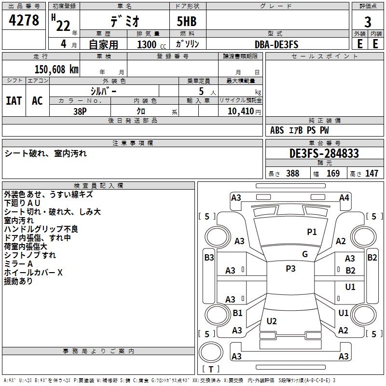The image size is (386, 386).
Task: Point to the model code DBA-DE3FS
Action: [276, 44]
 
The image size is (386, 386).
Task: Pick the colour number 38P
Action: [80, 110]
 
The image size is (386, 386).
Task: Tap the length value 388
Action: [292, 174]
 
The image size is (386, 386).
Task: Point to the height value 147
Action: [372, 174]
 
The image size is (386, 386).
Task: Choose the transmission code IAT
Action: [14, 101]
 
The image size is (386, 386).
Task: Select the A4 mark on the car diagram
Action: [344, 197]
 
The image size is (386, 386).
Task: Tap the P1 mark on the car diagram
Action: [312, 232]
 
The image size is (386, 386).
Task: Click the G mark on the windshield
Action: [305, 254]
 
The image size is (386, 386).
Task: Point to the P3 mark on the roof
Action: [290, 269]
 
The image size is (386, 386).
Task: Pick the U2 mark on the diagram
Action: [272, 321]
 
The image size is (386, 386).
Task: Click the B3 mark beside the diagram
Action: [209, 258]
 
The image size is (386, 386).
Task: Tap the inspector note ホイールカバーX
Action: [33, 273]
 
